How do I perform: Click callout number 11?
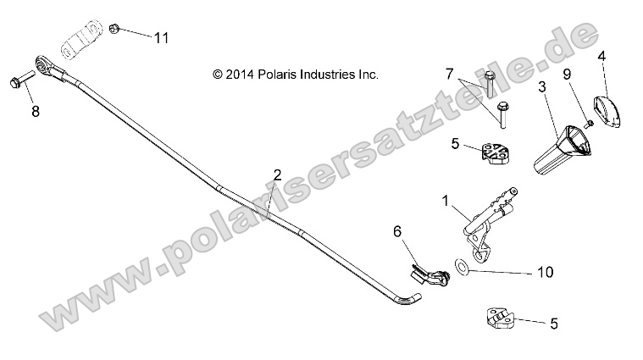tap(161, 37)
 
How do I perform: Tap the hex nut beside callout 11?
tap(113, 30)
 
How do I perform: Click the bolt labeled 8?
tap(20, 81)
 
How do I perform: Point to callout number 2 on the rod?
tap(277, 176)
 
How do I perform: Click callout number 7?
tap(450, 75)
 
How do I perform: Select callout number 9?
tap(568, 74)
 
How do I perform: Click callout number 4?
tap(602, 57)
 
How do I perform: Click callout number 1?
tap(444, 201)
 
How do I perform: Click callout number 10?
tap(545, 272)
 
